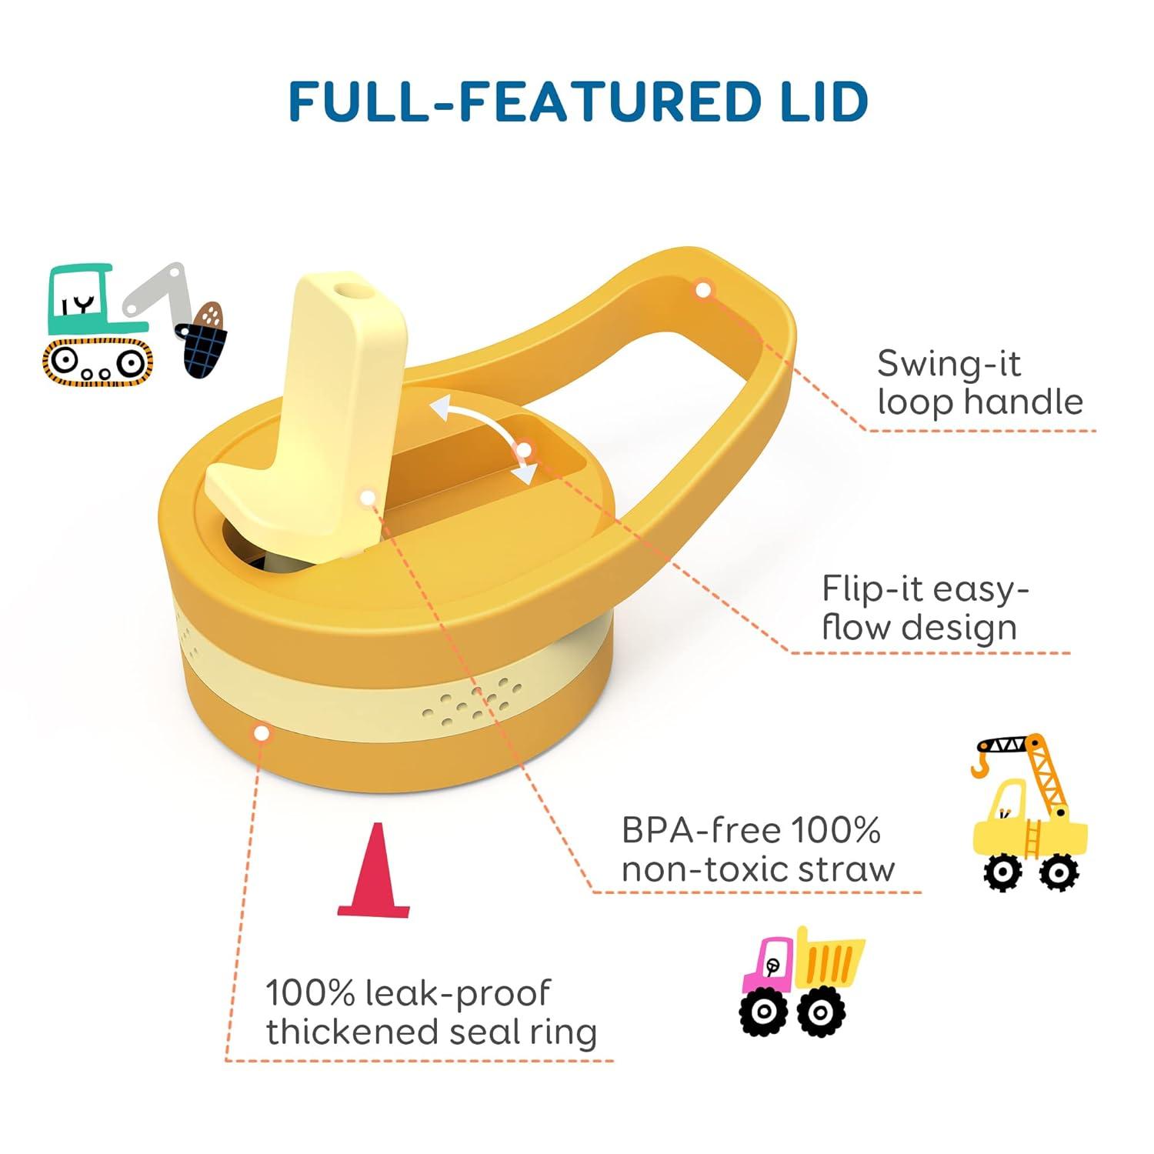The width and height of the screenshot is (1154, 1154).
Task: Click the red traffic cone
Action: (375, 872)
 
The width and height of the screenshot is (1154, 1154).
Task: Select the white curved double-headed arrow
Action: (484, 439)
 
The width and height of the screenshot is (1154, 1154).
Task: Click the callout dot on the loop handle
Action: (702, 290)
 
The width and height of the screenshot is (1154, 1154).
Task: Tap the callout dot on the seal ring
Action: (262, 733)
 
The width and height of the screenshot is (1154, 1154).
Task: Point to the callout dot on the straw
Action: (369, 498)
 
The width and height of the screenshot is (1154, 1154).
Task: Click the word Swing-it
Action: (949, 363)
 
